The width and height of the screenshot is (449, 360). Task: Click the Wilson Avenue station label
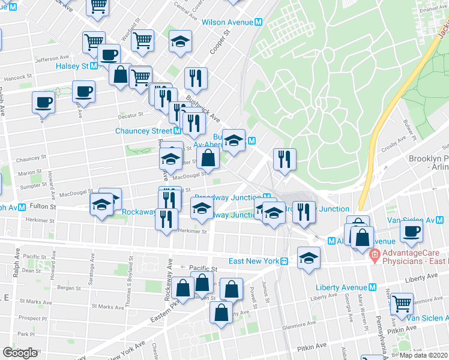[x=228, y=22]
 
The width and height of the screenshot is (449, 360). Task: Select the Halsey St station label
[x=73, y=66]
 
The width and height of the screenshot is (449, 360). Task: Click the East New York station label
[x=254, y=261]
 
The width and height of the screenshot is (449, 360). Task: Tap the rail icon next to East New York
[x=285, y=261]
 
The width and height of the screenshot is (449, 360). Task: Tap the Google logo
[x=20, y=353]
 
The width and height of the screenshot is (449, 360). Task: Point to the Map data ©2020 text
[x=424, y=355]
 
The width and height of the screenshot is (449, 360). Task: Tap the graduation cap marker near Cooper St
[x=180, y=41]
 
